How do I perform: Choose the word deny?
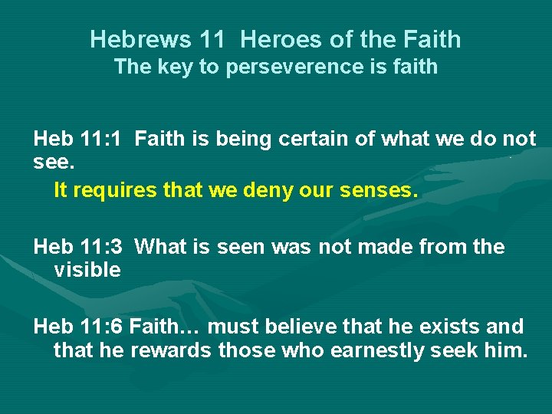click(x=272, y=190)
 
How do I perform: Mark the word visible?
click(x=87, y=270)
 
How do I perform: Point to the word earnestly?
click(x=366, y=352)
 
